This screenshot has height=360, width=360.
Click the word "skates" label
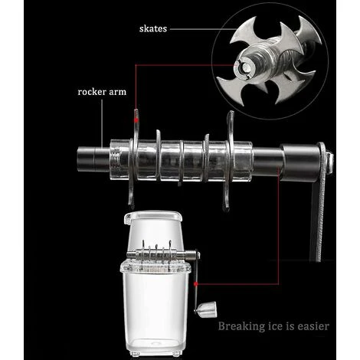(153, 28)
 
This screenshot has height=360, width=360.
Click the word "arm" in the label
(117, 92)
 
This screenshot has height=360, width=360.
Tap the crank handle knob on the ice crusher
(208, 309)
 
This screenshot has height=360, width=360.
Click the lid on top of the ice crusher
(153, 216)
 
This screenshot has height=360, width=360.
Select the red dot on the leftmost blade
(136, 119)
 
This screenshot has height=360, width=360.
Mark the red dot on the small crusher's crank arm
(196, 283)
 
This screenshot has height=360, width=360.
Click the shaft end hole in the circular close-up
(246, 67)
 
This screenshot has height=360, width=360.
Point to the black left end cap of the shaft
(93, 159)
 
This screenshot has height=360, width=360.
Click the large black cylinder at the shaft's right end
(300, 162)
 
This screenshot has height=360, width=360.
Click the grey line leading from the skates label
(203, 29)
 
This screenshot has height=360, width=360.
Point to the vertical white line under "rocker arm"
(102, 123)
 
